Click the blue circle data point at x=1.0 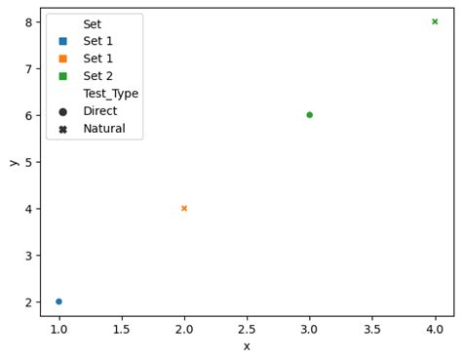coord(58,301)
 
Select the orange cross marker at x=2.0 coord(184,208)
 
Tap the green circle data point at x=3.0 coord(309,115)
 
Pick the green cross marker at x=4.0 coord(435,21)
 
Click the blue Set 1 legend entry coord(97,41)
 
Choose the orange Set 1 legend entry coord(97,59)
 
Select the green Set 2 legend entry coord(97,76)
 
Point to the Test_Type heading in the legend coord(110,94)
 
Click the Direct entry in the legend coord(99,111)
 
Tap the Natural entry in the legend coord(103,129)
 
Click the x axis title coord(247,345)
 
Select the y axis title coord(13,162)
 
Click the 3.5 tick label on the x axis coord(371,329)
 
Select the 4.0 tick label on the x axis coord(435,329)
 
